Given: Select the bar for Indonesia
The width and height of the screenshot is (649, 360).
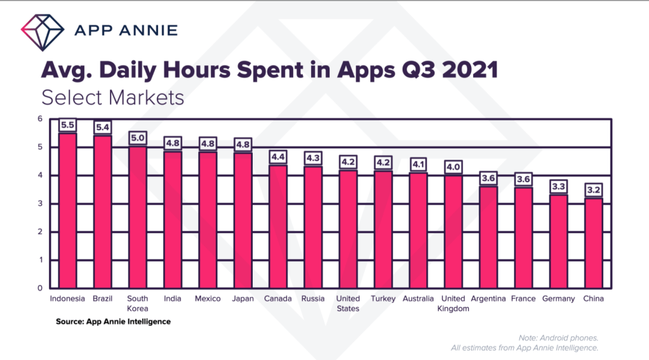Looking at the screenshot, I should (67, 210).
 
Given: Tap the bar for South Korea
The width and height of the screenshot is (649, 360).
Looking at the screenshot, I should (137, 217).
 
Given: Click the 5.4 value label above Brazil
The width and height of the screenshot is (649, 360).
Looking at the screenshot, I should (102, 128).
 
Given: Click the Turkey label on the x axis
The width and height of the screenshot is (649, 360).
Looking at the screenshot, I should (383, 298).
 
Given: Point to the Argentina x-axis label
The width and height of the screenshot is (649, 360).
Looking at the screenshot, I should (488, 298).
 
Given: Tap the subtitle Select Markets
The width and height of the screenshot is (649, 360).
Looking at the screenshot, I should (112, 98).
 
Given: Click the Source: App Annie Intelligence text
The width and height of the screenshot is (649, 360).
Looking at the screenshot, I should (113, 322).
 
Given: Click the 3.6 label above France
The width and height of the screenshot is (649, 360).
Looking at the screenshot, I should (523, 180).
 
